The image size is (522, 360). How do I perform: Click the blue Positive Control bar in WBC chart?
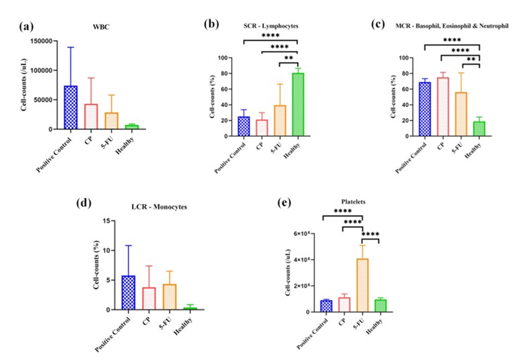coord(71,107)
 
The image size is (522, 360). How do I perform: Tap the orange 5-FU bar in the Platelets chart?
coord(362,284)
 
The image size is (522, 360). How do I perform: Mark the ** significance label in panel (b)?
coord(289,58)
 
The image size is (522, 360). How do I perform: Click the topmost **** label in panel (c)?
coord(452,40)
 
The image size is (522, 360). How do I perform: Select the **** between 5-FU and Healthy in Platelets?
coord(370,234)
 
